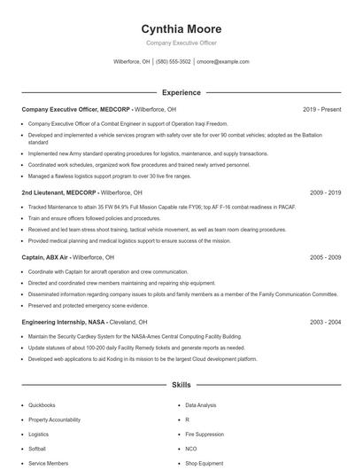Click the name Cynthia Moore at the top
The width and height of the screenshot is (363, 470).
[181, 28]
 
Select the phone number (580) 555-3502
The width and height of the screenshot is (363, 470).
[174, 62]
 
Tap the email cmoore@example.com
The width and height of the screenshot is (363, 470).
[222, 62]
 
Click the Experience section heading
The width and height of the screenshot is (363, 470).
[181, 92]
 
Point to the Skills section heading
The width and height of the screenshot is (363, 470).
[181, 386]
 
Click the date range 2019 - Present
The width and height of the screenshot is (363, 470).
[321, 109]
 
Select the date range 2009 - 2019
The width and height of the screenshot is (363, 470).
[325, 192]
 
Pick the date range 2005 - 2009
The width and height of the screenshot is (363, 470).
[325, 257]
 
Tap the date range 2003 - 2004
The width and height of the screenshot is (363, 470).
[325, 322]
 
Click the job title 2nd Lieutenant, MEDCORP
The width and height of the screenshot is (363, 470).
[59, 192]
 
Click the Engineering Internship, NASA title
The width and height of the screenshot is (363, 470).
[65, 322]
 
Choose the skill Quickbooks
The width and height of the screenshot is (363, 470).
[42, 404]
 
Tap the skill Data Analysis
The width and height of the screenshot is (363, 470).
[200, 404]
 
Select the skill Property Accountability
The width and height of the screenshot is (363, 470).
[54, 419]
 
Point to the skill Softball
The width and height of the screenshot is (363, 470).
[37, 449]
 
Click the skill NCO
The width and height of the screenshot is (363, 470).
[190, 449]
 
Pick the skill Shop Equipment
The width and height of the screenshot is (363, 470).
[204, 463]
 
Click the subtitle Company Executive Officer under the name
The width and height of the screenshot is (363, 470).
[181, 43]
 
